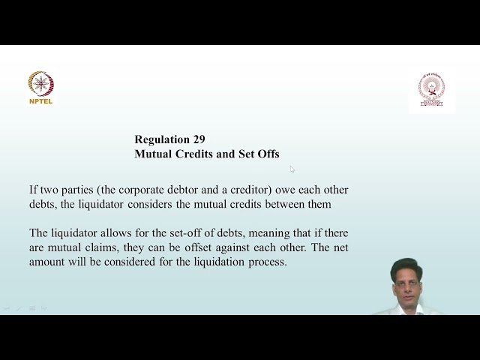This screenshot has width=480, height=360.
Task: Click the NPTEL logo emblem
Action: pos(40,83)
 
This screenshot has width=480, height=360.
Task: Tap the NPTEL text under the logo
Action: pos(40,101)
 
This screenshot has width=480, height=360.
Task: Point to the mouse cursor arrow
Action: pos(292,169)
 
